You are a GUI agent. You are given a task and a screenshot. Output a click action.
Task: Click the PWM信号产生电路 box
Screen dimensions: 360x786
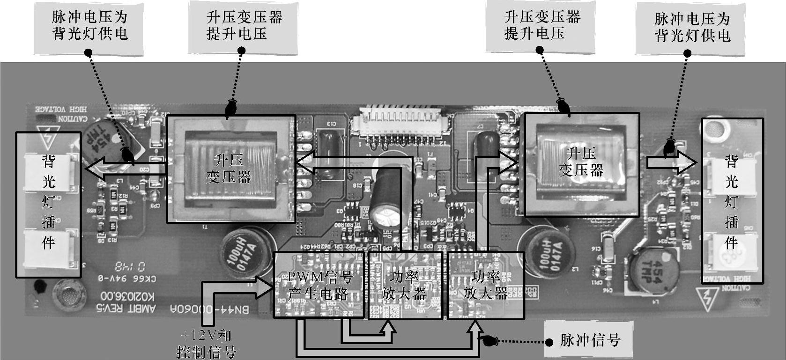coord(319,285)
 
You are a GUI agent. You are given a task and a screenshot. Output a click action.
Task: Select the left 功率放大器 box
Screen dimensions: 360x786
coord(405,285)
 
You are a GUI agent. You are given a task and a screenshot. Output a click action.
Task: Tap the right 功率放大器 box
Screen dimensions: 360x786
coord(485,285)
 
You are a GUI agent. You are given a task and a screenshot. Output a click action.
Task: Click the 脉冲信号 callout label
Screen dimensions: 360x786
coord(590,340)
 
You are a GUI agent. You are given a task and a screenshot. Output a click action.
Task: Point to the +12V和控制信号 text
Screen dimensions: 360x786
coord(207,343)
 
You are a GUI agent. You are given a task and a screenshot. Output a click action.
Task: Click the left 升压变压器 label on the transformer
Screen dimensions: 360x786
coord(229,169)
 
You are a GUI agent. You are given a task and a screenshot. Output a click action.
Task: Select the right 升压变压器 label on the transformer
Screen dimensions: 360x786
coord(581,162)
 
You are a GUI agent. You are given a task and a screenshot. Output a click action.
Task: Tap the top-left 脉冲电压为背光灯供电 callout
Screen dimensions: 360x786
coord(89,26)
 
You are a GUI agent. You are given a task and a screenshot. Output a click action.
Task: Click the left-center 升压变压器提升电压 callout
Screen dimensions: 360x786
coord(244,26)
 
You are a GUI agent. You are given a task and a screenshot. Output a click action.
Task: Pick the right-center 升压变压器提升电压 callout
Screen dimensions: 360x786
coord(541,26)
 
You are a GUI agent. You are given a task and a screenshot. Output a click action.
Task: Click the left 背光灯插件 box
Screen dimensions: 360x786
coord(49,204)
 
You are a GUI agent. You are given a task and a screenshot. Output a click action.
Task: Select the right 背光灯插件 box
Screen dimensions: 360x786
coord(732,201)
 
